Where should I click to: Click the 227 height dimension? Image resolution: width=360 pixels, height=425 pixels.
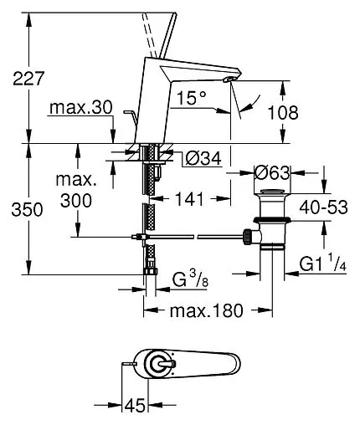(28, 79)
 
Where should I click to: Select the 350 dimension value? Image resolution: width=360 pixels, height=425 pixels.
(27, 209)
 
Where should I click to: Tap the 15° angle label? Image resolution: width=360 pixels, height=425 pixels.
(192, 98)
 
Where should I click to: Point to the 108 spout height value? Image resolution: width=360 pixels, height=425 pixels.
(283, 113)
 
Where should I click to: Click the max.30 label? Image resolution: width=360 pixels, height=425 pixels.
(81, 107)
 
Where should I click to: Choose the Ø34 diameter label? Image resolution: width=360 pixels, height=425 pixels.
(203, 158)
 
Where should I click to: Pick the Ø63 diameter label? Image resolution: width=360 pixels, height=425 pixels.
(272, 173)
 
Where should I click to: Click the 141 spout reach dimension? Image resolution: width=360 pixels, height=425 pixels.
(189, 199)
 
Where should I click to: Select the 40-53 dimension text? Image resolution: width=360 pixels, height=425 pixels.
(323, 207)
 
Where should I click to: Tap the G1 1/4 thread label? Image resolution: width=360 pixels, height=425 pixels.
(323, 264)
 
